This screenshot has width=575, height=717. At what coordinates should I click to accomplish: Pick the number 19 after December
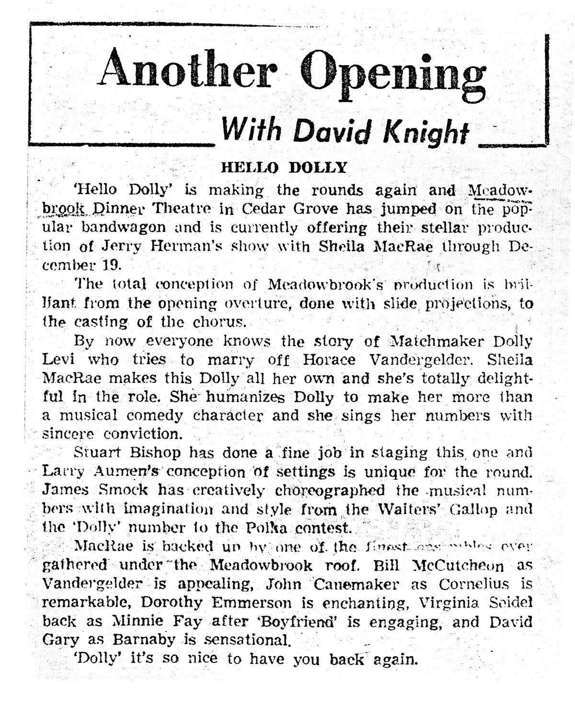click(x=112, y=264)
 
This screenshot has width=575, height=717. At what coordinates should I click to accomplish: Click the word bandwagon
click(x=126, y=227)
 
